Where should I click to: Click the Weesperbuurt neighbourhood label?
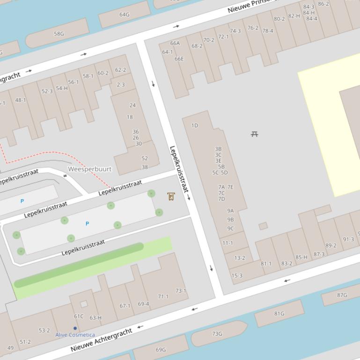[x=90, y=169]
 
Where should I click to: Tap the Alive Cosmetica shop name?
[x=75, y=335]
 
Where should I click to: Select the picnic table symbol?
[x=254, y=134]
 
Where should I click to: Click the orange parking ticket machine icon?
[x=171, y=196]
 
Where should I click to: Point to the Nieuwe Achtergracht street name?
[x=101, y=340]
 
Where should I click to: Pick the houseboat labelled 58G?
[x=59, y=34]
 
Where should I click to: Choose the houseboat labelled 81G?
[x=279, y=314]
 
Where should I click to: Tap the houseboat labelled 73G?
[x=217, y=333]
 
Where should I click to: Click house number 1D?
[x=195, y=125]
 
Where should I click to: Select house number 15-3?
[x=237, y=276]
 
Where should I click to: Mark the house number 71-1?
[x=163, y=296]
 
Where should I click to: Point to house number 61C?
[x=79, y=316]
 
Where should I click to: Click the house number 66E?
[x=179, y=59]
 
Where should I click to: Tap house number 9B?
[x=230, y=220]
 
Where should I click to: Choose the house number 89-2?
[x=331, y=245]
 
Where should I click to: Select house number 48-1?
[x=21, y=100]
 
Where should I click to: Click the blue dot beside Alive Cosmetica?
[x=75, y=328]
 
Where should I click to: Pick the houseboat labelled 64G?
[x=124, y=14]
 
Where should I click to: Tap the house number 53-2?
[x=44, y=331]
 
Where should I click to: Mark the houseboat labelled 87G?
[x=342, y=295]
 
